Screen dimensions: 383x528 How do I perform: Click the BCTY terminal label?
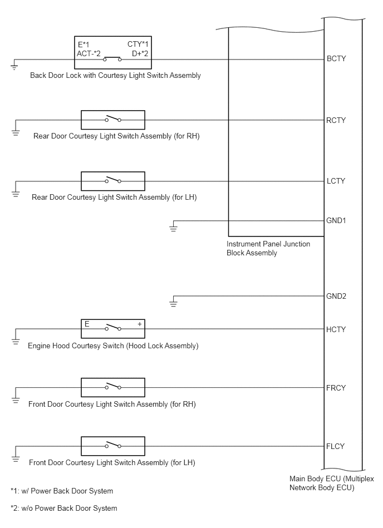(336, 59)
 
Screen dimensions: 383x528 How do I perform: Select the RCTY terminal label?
(336, 121)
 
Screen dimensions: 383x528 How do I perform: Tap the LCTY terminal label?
(336, 181)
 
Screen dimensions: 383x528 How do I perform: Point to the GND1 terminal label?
(336, 221)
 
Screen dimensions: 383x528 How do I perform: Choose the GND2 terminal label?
(336, 297)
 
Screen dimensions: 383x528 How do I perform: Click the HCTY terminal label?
(336, 330)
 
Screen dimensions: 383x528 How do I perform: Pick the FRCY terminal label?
(336, 388)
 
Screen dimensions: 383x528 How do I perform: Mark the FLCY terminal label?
(336, 447)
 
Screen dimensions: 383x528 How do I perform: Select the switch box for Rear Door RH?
(113, 120)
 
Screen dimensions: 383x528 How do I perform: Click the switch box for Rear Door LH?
(113, 181)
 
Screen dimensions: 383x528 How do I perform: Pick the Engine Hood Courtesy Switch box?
(113, 329)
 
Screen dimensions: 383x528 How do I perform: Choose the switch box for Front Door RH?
(113, 387)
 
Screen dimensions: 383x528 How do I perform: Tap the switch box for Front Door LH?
(113, 446)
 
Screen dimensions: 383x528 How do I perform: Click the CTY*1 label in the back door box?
(138, 45)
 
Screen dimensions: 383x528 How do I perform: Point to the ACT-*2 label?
(89, 53)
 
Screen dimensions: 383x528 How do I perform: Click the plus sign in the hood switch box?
(140, 324)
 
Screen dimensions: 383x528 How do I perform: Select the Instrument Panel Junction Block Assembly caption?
(268, 249)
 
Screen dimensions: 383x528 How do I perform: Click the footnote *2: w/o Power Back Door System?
(64, 508)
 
